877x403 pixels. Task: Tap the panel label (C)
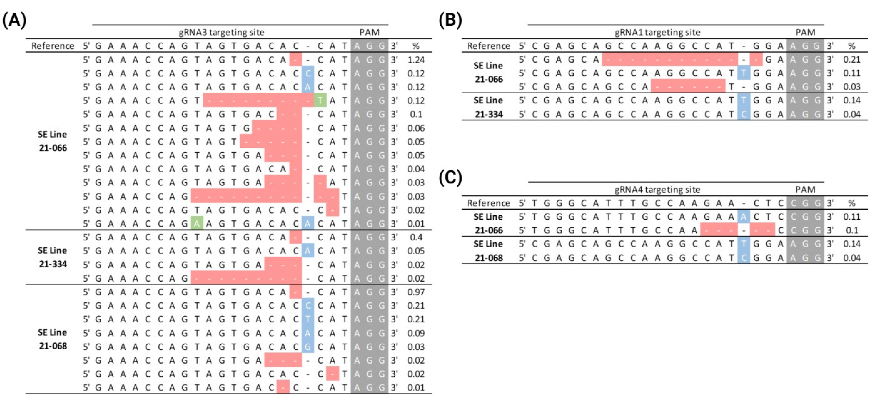click(450, 178)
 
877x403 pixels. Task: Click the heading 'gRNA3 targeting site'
click(221, 32)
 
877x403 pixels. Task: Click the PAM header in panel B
click(805, 32)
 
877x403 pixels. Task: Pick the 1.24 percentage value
click(416, 60)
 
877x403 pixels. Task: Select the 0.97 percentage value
click(416, 292)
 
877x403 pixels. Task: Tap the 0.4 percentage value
click(416, 237)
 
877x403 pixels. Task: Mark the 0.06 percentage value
click(416, 128)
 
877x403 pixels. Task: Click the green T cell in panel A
click(320, 101)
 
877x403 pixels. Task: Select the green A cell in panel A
click(197, 224)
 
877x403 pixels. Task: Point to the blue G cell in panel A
click(308, 347)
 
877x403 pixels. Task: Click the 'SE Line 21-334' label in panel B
click(488, 107)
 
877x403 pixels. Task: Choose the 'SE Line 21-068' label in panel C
click(488, 251)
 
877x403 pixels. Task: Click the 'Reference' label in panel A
click(53, 46)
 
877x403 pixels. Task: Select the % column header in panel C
click(852, 203)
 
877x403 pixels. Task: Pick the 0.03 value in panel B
click(852, 87)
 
